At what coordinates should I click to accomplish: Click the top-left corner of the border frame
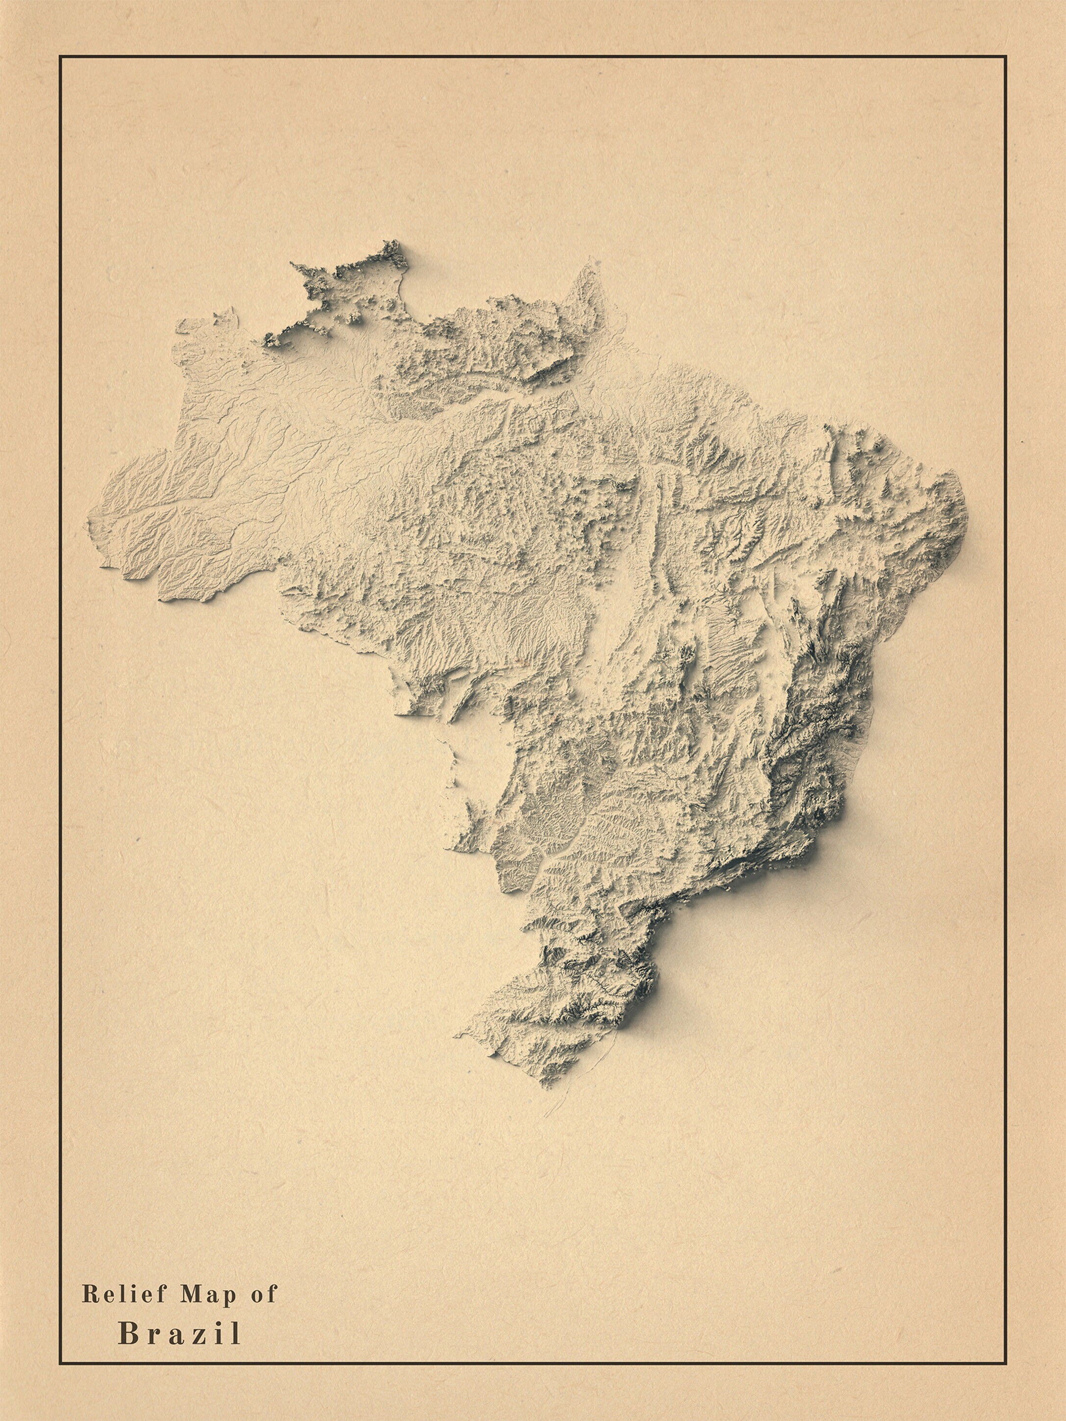coord(60,56)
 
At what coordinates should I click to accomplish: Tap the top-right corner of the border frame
coord(1006,56)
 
